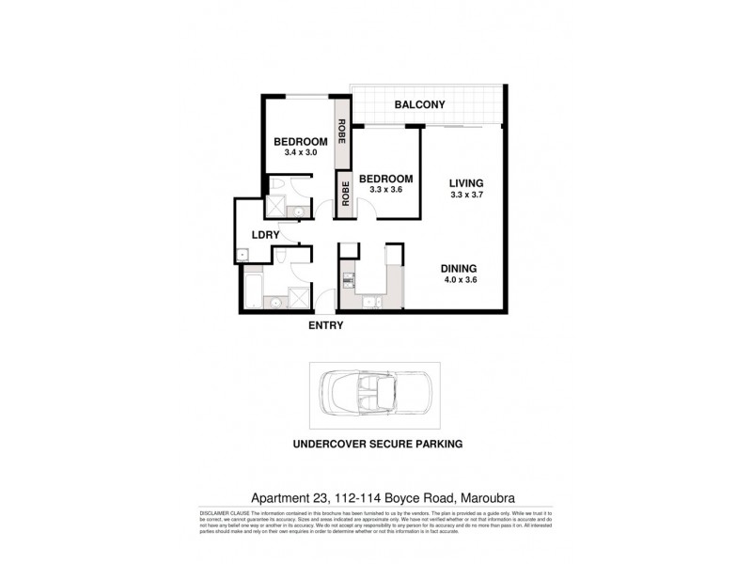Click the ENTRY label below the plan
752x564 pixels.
point(325,326)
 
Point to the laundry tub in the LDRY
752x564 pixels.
point(243,253)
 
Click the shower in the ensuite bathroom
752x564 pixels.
point(277,207)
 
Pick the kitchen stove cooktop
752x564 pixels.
point(349,278)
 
